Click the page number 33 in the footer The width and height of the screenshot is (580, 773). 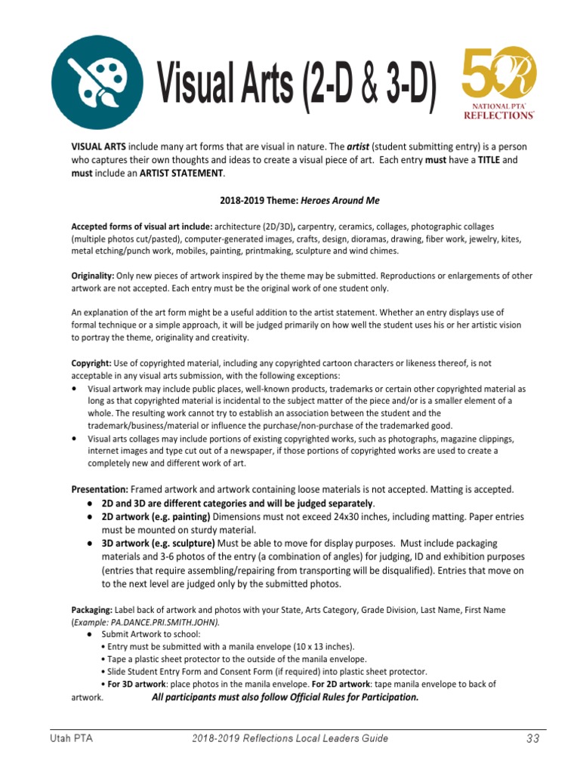(x=533, y=738)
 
